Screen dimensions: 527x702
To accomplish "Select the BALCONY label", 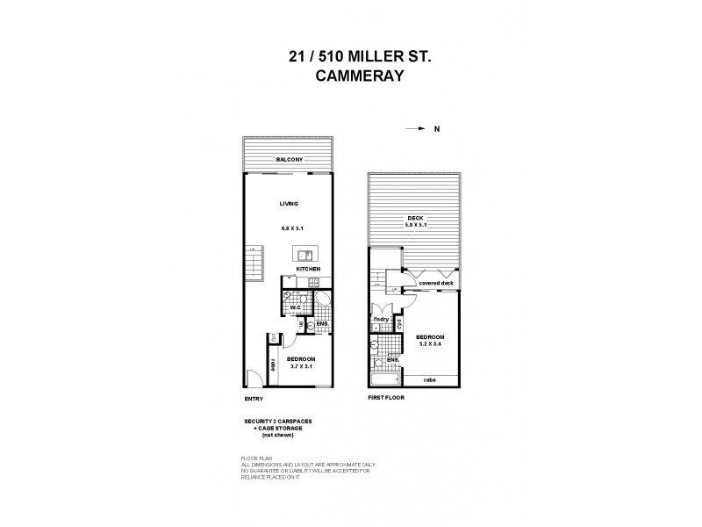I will coord(289,159).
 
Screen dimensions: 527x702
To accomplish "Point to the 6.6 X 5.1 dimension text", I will coord(291,227).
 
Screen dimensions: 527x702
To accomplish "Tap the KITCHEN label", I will coord(308,269).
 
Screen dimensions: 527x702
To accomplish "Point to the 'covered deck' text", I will coord(434,285).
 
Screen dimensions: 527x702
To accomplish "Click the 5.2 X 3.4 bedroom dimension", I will coord(430,345).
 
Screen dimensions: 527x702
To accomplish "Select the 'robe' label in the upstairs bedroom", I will coord(430,380).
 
